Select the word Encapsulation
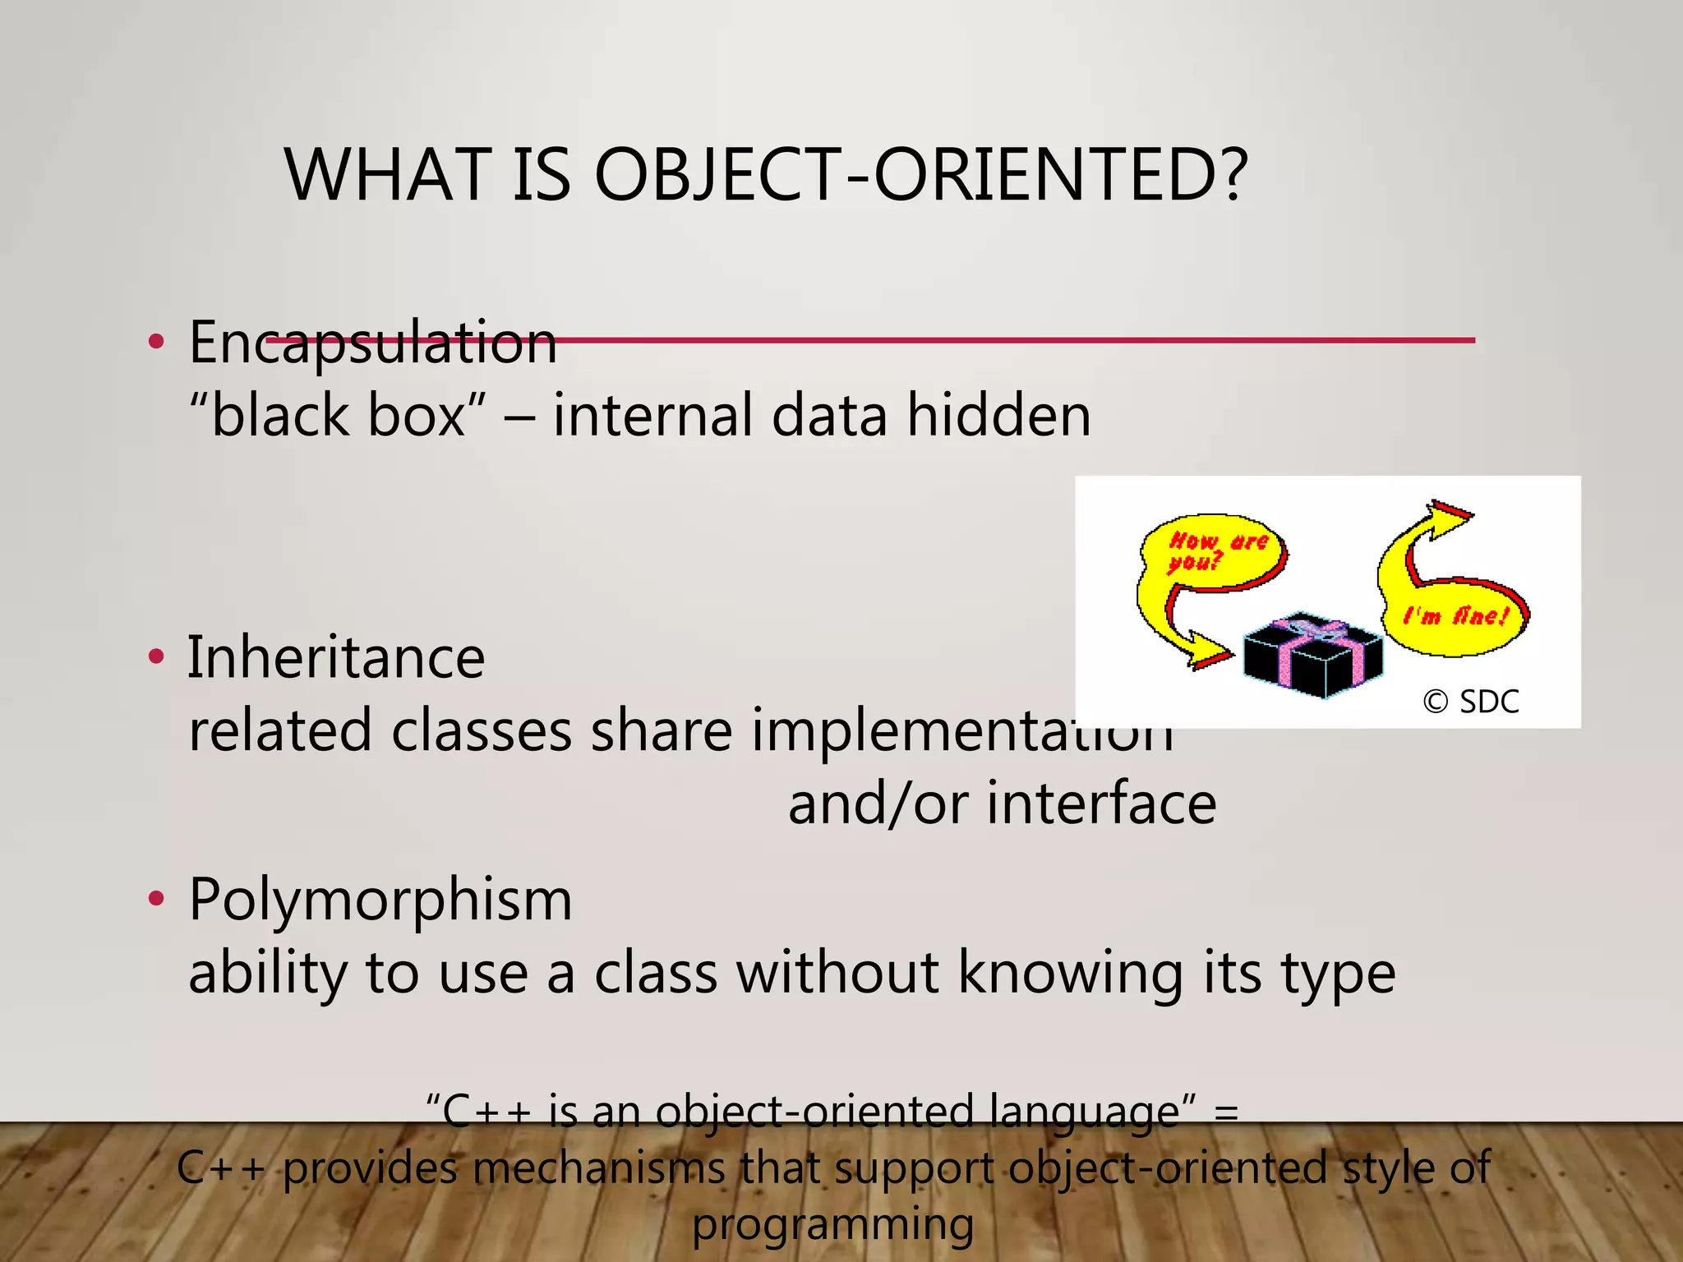pos(372,343)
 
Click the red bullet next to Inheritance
pos(156,657)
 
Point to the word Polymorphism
pos(380,900)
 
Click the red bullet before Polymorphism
pos(156,900)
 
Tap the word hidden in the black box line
pos(998,416)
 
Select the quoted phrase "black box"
pos(338,416)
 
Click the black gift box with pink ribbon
pos(1312,656)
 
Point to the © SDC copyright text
pos(1470,702)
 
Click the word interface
pos(1101,804)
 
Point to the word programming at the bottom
pos(832,1225)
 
